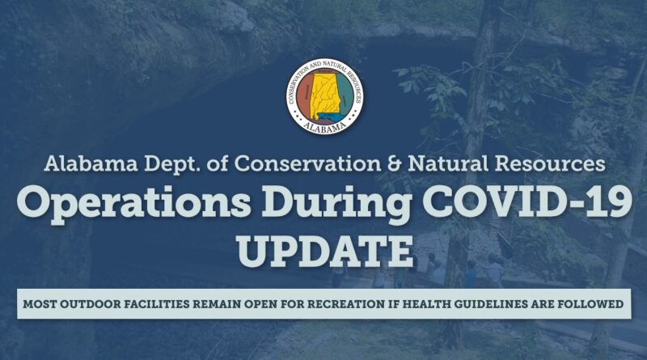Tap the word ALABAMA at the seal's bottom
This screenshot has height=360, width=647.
pos(325,127)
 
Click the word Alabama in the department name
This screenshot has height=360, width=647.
pos(91,164)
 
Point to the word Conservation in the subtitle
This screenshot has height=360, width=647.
pos(308,164)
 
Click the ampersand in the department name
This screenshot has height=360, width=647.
pos(395,164)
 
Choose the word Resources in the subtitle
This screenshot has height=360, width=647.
pos(550,164)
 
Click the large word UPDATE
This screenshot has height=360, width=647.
pos(326,251)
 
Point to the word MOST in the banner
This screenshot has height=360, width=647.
pos(40,304)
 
